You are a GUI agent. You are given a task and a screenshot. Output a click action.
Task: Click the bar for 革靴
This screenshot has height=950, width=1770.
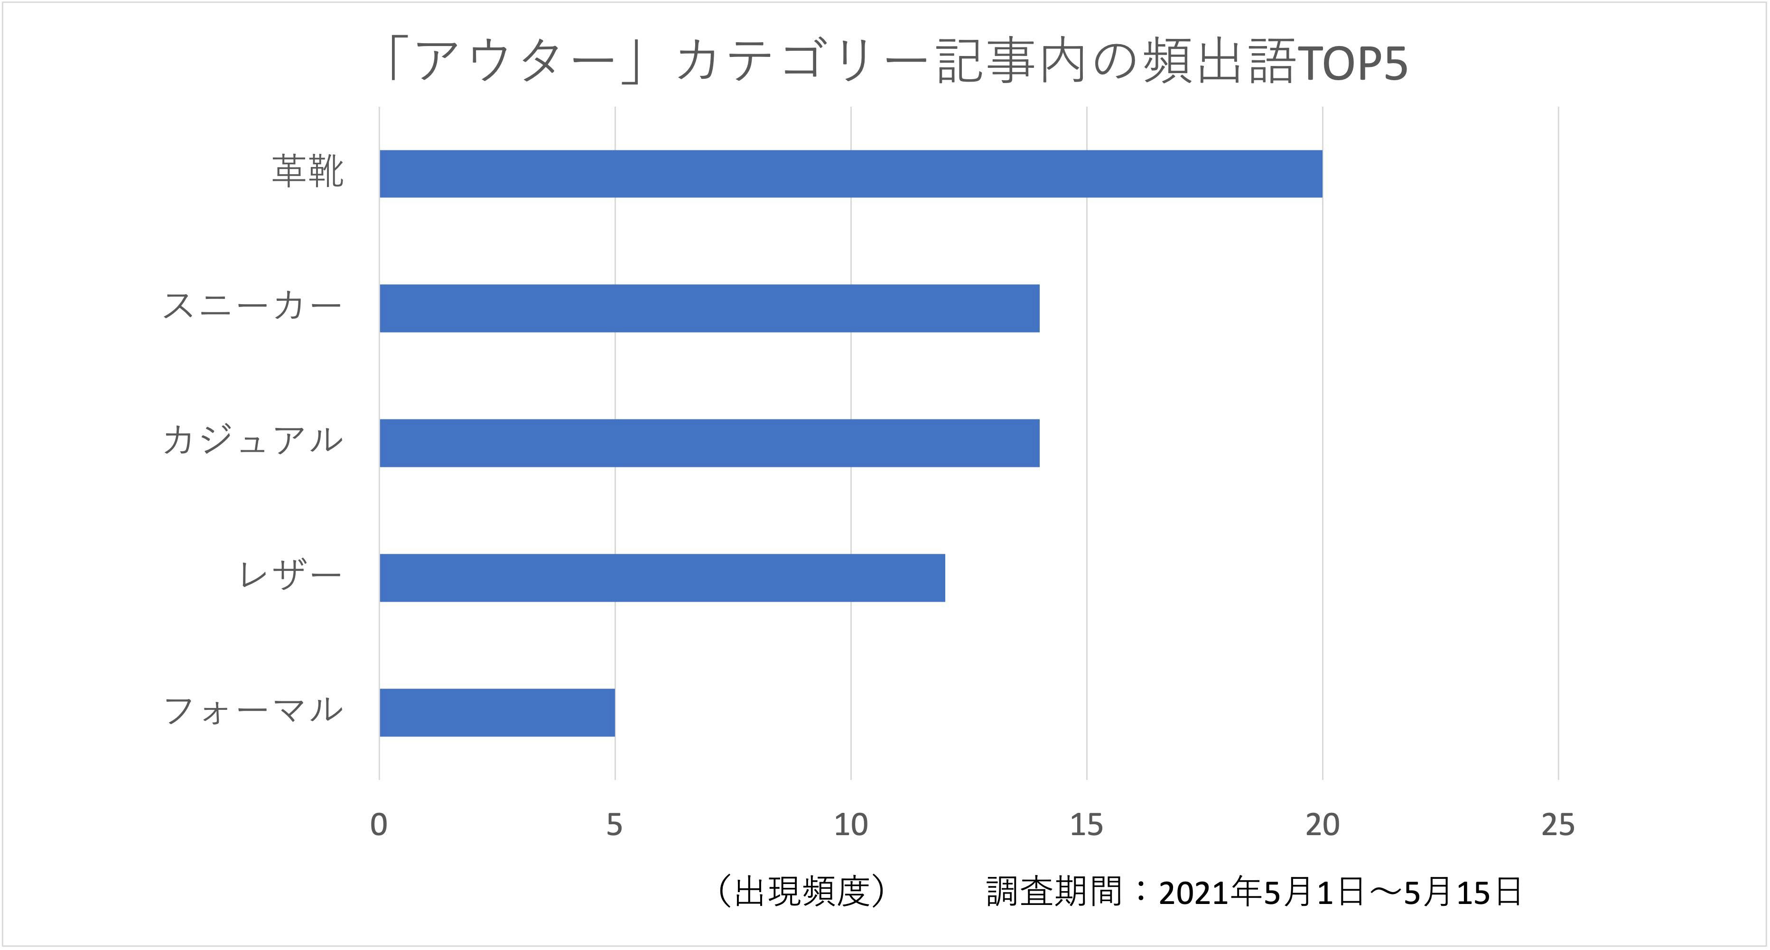pyautogui.click(x=851, y=174)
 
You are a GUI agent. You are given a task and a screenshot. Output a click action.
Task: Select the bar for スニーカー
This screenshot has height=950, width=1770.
pyautogui.click(x=709, y=308)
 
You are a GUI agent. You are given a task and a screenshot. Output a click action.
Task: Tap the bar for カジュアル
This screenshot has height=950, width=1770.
pyautogui.click(x=709, y=443)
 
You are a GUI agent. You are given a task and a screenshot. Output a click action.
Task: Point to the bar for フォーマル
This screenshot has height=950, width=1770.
pyautogui.click(x=497, y=712)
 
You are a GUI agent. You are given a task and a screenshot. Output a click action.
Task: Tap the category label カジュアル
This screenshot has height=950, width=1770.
pyautogui.click(x=252, y=440)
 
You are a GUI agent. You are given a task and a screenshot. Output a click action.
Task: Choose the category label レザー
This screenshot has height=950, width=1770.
pyautogui.click(x=289, y=575)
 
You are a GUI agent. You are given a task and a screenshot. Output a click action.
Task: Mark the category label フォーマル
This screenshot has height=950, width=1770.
pyautogui.click(x=252, y=710)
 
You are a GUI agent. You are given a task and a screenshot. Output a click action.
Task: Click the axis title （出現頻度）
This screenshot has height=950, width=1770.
pyautogui.click(x=802, y=892)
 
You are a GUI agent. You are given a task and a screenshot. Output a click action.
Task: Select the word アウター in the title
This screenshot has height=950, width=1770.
pyautogui.click(x=515, y=62)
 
